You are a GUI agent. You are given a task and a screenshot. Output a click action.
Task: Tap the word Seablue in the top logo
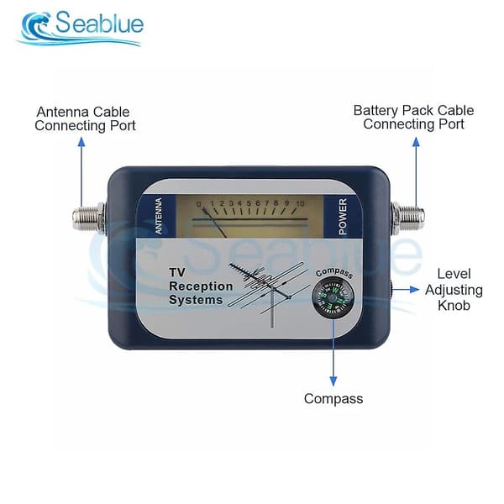tap(100, 23)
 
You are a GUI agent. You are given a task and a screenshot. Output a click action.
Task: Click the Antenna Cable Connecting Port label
tap(85, 118)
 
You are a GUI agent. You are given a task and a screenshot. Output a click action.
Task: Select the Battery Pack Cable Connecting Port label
tap(413, 117)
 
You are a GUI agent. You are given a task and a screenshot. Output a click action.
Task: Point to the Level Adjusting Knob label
tap(454, 290)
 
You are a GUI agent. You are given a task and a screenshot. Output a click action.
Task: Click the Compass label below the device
tap(333, 399)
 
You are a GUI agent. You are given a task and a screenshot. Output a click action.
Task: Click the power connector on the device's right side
tap(407, 218)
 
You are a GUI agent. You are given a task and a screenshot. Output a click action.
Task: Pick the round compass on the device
tap(333, 298)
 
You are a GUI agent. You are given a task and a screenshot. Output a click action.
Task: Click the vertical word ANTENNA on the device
tap(159, 216)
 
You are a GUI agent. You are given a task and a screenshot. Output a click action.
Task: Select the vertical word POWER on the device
tap(343, 217)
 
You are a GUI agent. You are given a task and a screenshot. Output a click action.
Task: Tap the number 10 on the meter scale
tap(300, 204)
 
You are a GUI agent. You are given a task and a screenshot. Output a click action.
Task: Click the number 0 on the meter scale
tap(199, 204)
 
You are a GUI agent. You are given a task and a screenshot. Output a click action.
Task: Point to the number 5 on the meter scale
tap(249, 203)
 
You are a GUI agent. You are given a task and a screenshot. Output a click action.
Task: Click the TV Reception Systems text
tap(201, 286)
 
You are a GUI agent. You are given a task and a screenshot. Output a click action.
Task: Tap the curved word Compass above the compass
tap(334, 273)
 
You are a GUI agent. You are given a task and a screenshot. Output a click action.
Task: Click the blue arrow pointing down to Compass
tap(333, 353)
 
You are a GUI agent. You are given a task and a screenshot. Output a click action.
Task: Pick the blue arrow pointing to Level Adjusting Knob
tap(406, 290)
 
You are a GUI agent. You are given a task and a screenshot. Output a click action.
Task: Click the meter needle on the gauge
tap(215, 223)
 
